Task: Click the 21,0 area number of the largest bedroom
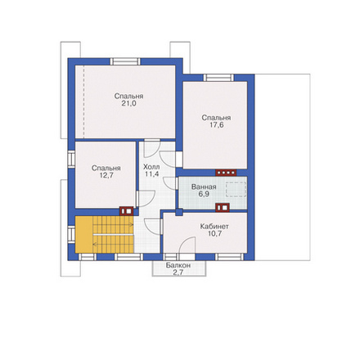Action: pyautogui.click(x=128, y=104)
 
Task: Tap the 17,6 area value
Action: pyautogui.click(x=216, y=125)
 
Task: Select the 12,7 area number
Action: pyautogui.click(x=106, y=175)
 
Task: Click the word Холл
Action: pyautogui.click(x=151, y=167)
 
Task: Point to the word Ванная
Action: pyautogui.click(x=204, y=187)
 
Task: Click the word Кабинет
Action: pyautogui.click(x=214, y=227)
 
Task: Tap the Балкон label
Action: pyautogui.click(x=178, y=265)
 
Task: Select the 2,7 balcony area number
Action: pyautogui.click(x=178, y=272)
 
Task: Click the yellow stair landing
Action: pyautogui.click(x=83, y=235)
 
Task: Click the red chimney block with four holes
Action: pyautogui.click(x=226, y=173)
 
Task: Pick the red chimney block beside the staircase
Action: pyautogui.click(x=126, y=211)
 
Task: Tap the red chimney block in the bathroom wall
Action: pyautogui.click(x=223, y=208)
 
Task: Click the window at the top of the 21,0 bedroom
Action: pyautogui.click(x=125, y=61)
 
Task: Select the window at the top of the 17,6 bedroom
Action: pyautogui.click(x=219, y=78)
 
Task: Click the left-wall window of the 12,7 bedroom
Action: pyautogui.click(x=71, y=158)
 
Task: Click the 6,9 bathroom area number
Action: pyautogui.click(x=204, y=194)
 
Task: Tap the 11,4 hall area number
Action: pyautogui.click(x=151, y=174)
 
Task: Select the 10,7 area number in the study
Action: pyautogui.click(x=214, y=233)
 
